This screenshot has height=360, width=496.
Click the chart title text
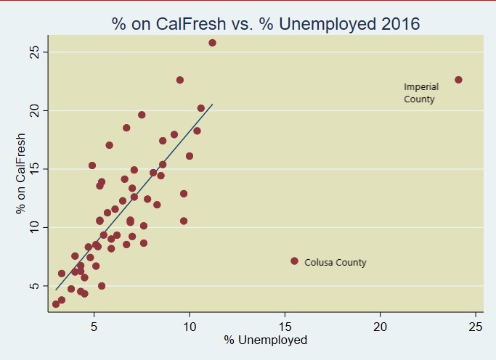point(266,24)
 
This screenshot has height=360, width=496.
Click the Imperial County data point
point(458,80)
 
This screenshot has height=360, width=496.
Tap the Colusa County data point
point(294,261)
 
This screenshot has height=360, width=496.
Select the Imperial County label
point(420,93)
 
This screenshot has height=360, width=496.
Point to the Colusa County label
point(335,263)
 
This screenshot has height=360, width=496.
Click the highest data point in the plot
point(212,43)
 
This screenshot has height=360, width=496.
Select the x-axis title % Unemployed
point(265,340)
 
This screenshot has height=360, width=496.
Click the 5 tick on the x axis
point(94,327)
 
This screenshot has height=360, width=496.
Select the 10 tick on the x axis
point(190,327)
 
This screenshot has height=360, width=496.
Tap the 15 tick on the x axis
point(285,327)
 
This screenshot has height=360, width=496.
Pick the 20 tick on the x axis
point(380,327)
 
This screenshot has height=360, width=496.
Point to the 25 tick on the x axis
point(475,327)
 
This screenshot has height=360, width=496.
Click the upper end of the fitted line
point(212,104)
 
